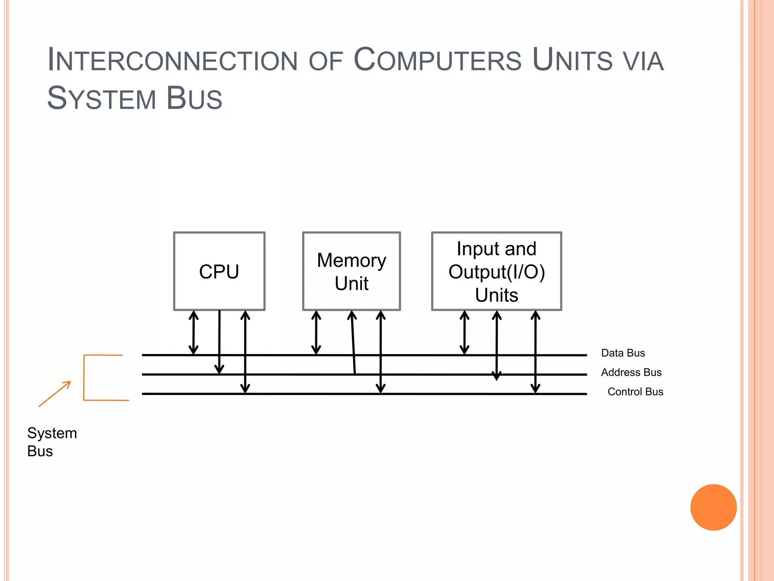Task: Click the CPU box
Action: click(219, 271)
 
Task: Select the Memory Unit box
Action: click(351, 271)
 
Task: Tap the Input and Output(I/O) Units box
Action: click(496, 271)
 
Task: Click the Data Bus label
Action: click(623, 353)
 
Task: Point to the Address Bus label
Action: click(631, 372)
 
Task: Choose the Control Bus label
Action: click(635, 391)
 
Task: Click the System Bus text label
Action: click(52, 442)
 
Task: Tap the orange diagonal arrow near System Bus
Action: click(55, 394)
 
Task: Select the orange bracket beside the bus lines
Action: click(84, 377)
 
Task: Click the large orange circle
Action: click(713, 507)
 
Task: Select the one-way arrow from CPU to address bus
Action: click(219, 340)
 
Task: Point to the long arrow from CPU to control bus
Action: click(245, 352)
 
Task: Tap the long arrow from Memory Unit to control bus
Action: click(381, 352)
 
